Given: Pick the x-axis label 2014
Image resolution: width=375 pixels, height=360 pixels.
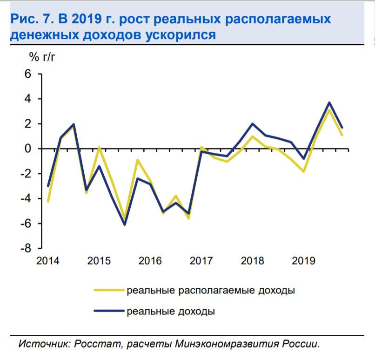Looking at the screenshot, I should [x=48, y=260].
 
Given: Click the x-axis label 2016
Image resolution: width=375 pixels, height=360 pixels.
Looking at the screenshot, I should [x=150, y=260].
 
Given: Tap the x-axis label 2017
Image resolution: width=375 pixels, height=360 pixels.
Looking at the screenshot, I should [x=201, y=260].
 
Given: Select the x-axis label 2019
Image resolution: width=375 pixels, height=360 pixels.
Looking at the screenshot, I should [x=303, y=260].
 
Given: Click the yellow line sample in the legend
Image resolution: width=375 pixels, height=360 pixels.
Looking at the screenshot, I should [x=109, y=291].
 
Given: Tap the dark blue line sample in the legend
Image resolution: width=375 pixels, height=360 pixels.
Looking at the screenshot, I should [x=109, y=311].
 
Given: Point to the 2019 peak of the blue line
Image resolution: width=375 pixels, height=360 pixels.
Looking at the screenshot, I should [x=329, y=102].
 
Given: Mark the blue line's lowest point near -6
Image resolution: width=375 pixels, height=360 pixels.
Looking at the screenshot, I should [x=125, y=224].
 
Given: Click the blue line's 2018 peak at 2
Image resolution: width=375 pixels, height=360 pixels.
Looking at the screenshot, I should [x=252, y=124].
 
